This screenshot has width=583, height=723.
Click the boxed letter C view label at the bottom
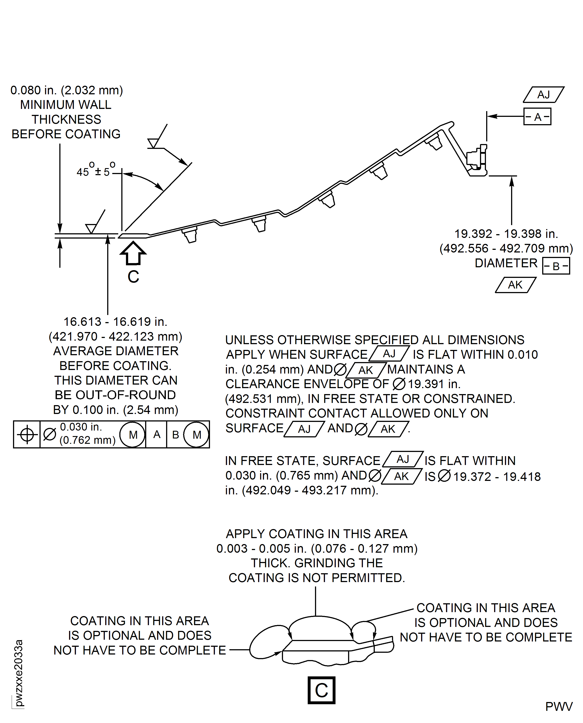(321, 690)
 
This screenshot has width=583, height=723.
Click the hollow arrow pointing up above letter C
(133, 254)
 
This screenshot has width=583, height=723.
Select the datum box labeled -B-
(556, 266)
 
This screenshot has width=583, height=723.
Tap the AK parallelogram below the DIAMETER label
(516, 285)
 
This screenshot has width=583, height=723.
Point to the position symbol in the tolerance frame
(27, 435)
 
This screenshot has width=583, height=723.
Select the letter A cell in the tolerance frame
(156, 435)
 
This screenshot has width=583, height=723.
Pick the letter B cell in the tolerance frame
(175, 435)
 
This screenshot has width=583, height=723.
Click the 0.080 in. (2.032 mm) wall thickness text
(66, 90)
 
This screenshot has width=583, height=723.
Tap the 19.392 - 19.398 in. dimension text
(506, 234)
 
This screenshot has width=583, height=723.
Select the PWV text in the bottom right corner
(559, 706)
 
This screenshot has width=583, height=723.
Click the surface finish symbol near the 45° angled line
(154, 142)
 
